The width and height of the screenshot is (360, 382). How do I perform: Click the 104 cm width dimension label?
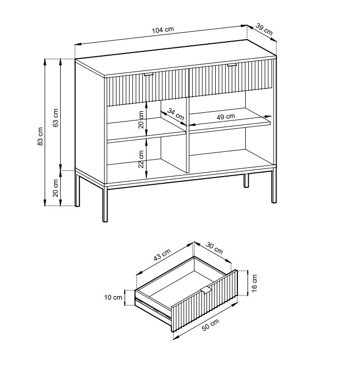(163, 30)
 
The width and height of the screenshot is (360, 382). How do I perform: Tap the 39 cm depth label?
(264, 29)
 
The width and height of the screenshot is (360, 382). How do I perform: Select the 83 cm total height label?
(40, 136)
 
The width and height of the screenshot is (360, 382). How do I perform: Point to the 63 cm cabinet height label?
(56, 118)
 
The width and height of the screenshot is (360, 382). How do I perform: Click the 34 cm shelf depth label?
(176, 114)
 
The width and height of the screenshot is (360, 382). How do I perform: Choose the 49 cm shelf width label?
(226, 117)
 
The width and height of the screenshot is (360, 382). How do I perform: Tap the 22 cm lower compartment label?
(141, 159)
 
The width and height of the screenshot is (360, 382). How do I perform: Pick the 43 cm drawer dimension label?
(162, 254)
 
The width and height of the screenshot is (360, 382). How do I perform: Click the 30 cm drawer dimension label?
(214, 248)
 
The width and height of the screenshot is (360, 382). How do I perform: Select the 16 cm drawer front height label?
(254, 283)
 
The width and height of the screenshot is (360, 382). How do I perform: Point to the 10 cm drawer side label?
(113, 297)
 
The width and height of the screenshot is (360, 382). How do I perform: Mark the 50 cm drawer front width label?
(211, 325)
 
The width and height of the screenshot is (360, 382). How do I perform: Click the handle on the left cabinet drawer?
(148, 74)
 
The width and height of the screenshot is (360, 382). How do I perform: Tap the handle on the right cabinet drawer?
(232, 65)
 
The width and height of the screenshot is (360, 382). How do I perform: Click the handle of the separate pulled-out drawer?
(206, 290)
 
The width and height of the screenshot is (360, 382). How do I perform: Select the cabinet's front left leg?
(105, 204)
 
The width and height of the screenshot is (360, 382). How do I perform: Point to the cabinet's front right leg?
(274, 186)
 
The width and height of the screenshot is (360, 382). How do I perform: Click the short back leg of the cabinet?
(246, 181)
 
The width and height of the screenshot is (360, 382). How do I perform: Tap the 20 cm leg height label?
(56, 188)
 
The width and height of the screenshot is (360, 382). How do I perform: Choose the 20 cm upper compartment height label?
(141, 119)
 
